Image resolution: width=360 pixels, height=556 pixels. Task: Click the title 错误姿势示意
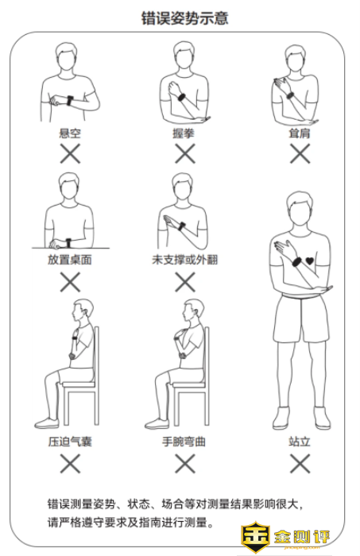[184, 18]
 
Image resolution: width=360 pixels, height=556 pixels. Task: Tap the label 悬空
[70, 133]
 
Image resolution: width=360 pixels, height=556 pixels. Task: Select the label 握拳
[184, 133]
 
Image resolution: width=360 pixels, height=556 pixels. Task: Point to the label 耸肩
[300, 133]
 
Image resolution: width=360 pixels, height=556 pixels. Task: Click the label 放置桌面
[70, 260]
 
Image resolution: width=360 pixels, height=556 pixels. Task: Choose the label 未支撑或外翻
[185, 260]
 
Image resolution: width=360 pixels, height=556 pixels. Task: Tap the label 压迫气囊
[70, 442]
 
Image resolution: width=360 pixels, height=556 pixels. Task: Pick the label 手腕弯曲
[184, 442]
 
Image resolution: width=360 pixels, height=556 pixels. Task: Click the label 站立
[300, 442]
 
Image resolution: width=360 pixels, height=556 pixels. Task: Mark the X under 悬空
[70, 153]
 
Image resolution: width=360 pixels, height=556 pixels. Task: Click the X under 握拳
[185, 153]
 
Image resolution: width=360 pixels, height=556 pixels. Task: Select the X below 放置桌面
[70, 282]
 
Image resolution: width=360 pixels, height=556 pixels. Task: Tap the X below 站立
[300, 463]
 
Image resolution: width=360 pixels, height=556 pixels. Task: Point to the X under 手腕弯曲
[185, 463]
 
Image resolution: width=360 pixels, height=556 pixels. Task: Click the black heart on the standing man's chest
[310, 261]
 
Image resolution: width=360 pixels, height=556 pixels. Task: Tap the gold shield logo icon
[255, 537]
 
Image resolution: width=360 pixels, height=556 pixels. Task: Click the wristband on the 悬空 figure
[70, 100]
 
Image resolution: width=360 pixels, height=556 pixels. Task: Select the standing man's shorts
[300, 319]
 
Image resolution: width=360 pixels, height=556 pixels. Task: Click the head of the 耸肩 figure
[296, 59]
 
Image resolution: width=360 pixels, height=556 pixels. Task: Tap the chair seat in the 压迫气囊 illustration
[79, 384]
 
